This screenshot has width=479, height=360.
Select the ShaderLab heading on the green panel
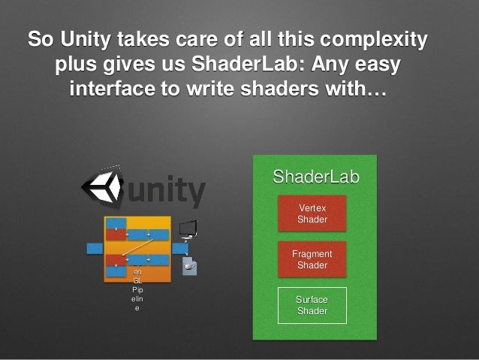pyautogui.click(x=315, y=177)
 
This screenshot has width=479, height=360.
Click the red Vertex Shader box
pyautogui.click(x=312, y=213)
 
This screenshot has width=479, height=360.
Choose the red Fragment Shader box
pyautogui.click(x=312, y=259)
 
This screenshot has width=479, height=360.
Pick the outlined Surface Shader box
pyautogui.click(x=312, y=305)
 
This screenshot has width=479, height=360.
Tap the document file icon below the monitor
pyautogui.click(x=189, y=266)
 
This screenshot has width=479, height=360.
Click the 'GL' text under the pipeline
pyautogui.click(x=137, y=280)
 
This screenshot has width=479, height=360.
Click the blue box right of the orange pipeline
pyautogui.click(x=180, y=248)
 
